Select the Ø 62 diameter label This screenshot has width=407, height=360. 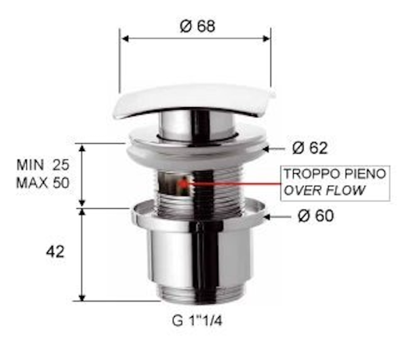point(310,148)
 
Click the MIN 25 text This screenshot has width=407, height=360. point(45,165)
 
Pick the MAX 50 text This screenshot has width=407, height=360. point(45,182)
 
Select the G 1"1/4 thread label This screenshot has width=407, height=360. point(197,321)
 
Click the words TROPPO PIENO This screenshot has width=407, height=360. point(334,174)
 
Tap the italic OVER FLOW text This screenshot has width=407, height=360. point(324,190)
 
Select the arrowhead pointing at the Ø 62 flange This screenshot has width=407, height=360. point(268,148)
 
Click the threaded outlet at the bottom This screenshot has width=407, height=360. point(197,293)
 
